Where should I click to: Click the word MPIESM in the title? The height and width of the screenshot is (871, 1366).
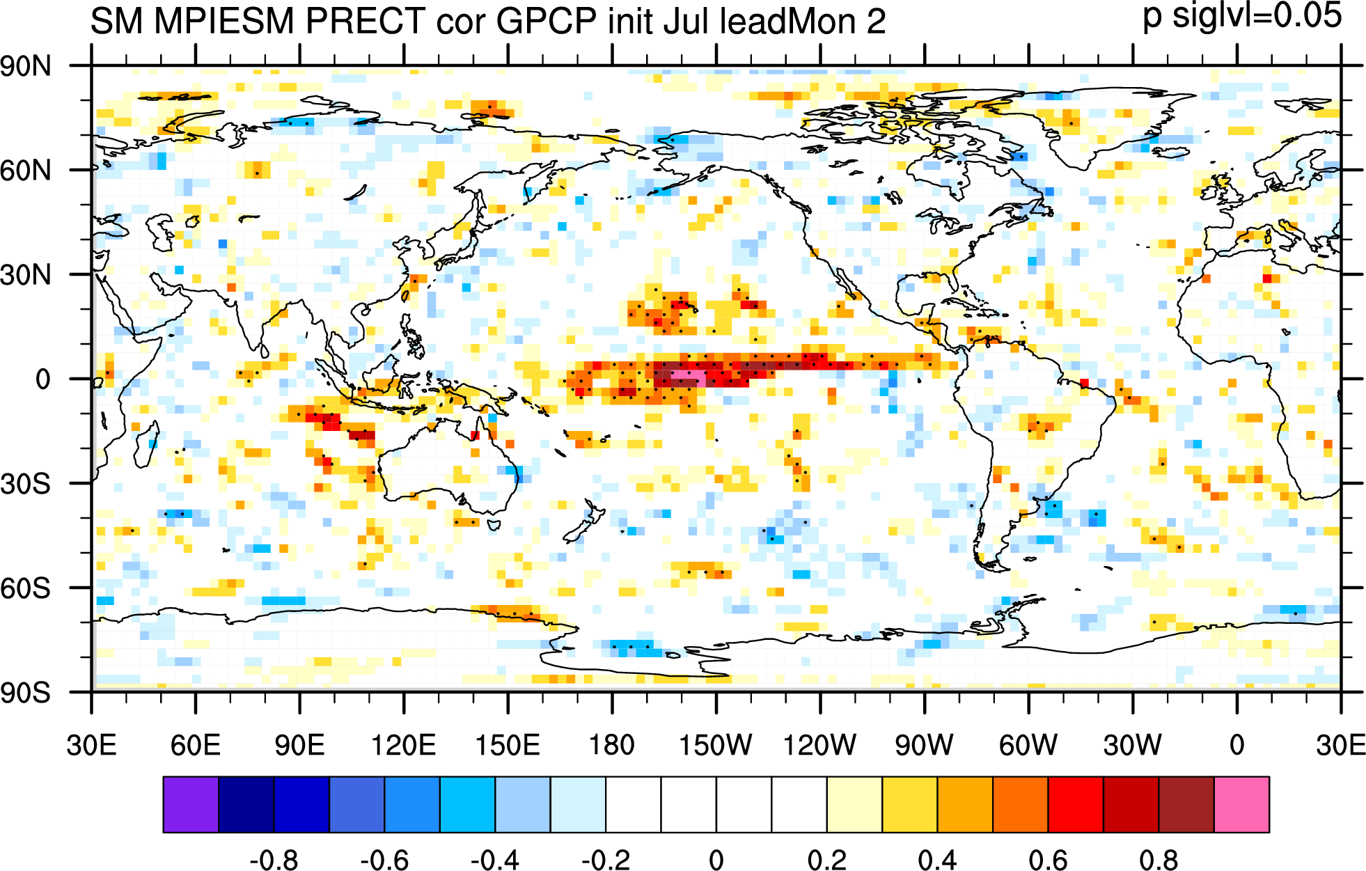coord(224,21)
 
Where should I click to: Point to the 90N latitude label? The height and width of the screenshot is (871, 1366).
coord(26,67)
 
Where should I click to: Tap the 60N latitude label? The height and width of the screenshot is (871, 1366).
coord(26,171)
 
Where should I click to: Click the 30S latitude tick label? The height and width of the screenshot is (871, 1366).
coord(26,484)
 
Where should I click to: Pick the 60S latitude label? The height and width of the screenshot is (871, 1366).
coord(26,588)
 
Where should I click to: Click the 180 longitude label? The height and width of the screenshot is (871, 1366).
coord(612,746)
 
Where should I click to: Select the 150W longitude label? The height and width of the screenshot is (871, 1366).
coord(716,746)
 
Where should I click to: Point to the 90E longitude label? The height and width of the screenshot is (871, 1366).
coord(299,746)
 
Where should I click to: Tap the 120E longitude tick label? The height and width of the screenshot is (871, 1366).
coord(404,746)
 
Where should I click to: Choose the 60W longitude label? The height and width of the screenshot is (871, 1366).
coord(1028,746)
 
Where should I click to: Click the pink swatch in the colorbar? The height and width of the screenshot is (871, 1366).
coord(1241,804)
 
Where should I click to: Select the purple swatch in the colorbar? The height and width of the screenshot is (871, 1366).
coord(191,804)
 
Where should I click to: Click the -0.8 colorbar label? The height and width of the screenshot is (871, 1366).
coord(274,860)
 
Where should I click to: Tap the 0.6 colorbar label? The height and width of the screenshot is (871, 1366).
coord(1048,860)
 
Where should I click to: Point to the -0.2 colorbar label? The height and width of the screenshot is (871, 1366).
coord(606,860)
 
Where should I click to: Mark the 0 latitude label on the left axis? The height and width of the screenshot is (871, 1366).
coord(43,379)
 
